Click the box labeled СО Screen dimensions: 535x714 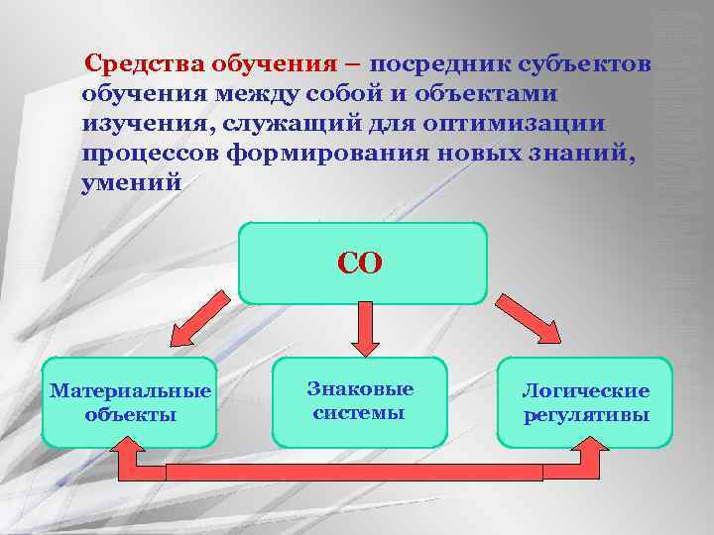362,263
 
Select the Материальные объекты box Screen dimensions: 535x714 130,401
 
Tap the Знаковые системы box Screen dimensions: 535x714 359,400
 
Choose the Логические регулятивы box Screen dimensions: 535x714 585,401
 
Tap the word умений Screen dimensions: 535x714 132,183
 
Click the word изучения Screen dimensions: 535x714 148,124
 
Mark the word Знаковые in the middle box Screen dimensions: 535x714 359,389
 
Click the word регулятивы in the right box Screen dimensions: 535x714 586,414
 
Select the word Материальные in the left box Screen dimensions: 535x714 130,390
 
